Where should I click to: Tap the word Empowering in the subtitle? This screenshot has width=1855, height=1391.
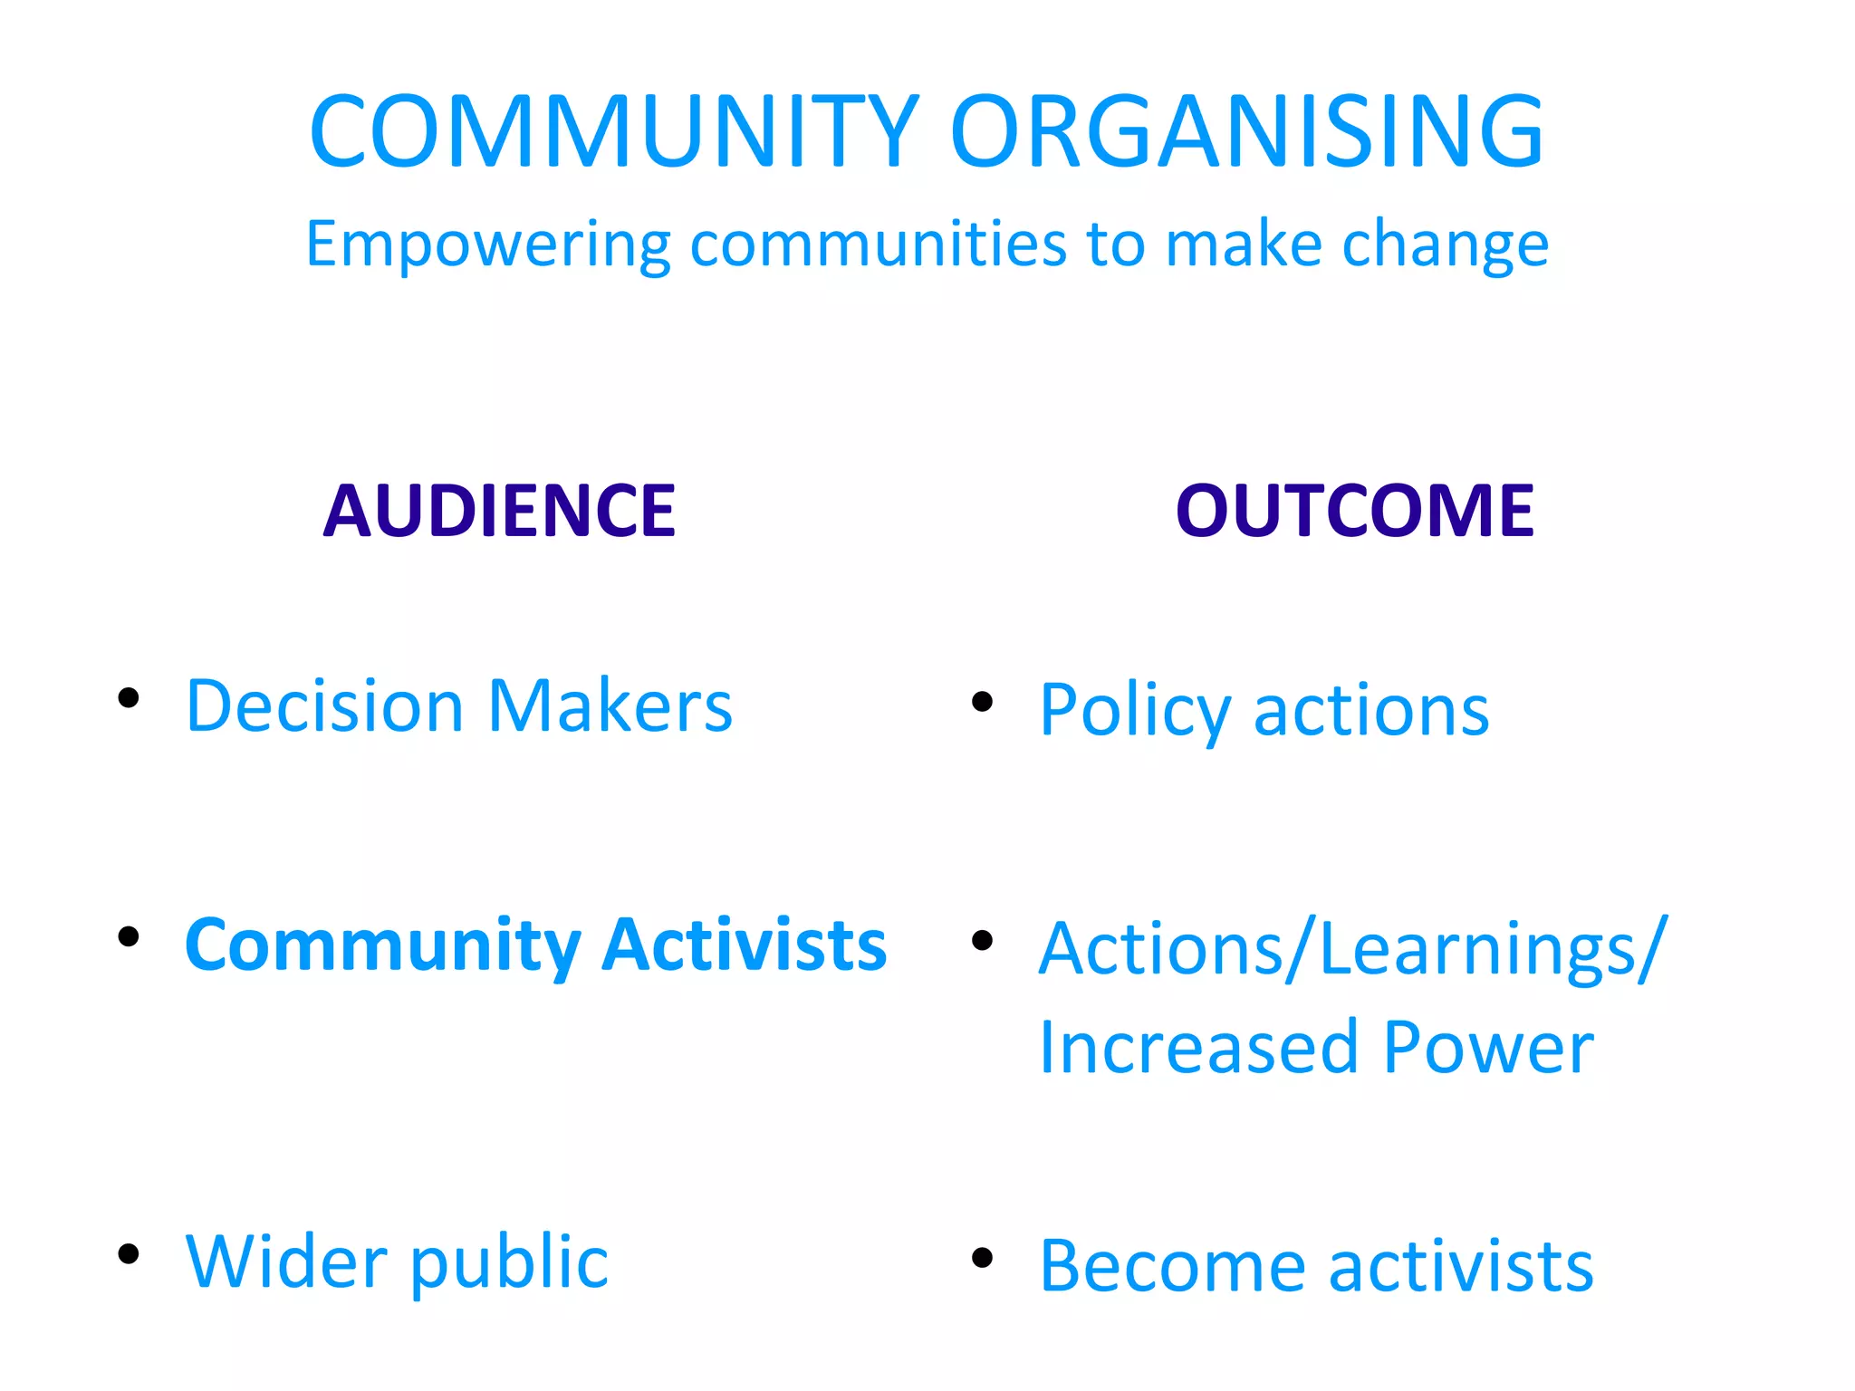click(488, 245)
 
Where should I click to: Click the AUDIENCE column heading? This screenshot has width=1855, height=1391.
click(499, 511)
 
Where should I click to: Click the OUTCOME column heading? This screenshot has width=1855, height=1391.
click(1354, 511)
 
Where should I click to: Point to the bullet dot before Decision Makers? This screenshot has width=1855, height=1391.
click(129, 697)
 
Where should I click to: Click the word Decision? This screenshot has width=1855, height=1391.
click(324, 705)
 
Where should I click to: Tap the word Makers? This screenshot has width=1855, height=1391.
click(610, 705)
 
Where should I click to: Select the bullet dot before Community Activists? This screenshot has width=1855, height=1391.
click(129, 936)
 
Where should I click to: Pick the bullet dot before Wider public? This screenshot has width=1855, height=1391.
click(129, 1253)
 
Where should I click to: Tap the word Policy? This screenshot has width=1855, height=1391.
click(1134, 711)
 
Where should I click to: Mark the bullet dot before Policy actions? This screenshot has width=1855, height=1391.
click(982, 701)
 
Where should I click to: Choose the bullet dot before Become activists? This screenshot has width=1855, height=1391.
click(982, 1257)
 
